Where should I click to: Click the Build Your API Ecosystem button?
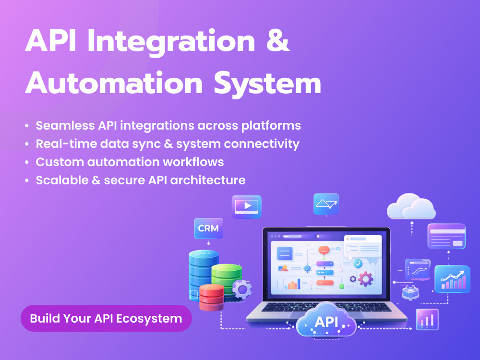click(x=106, y=318)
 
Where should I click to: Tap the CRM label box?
click(x=208, y=228)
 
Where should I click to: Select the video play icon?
click(x=247, y=206)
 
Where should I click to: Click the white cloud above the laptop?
click(x=411, y=206)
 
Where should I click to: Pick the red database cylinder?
click(x=212, y=297)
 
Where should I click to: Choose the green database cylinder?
click(x=227, y=277)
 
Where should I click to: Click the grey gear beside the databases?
click(x=242, y=289)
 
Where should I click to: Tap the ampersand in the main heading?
click(x=277, y=41)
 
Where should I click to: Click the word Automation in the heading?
click(x=114, y=83)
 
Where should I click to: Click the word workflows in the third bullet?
click(x=193, y=162)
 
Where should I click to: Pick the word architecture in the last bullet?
click(x=208, y=180)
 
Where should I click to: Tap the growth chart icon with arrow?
click(x=453, y=279)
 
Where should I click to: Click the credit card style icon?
click(x=446, y=236)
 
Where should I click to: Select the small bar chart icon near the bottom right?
click(x=427, y=320)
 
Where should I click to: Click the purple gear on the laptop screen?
click(x=365, y=279)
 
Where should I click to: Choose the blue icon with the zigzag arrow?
click(x=326, y=204)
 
